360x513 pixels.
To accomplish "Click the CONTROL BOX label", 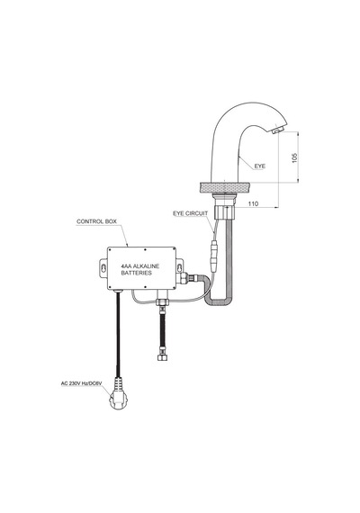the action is [96, 221].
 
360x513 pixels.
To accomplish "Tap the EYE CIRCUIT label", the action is [191, 213].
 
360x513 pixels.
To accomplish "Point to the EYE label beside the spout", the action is [260, 166].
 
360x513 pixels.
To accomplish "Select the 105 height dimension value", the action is [294, 157].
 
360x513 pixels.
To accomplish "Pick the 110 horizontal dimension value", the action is [253, 203].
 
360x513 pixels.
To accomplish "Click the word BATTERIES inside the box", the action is [137, 273].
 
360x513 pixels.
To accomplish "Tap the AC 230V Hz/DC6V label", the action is [82, 383].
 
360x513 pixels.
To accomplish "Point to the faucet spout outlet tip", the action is [277, 130].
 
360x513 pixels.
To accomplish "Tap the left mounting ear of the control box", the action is [103, 268].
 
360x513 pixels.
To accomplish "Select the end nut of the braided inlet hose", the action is [162, 357].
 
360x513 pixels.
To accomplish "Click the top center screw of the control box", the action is [145, 249].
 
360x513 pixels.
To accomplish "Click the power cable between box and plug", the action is [118, 334].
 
